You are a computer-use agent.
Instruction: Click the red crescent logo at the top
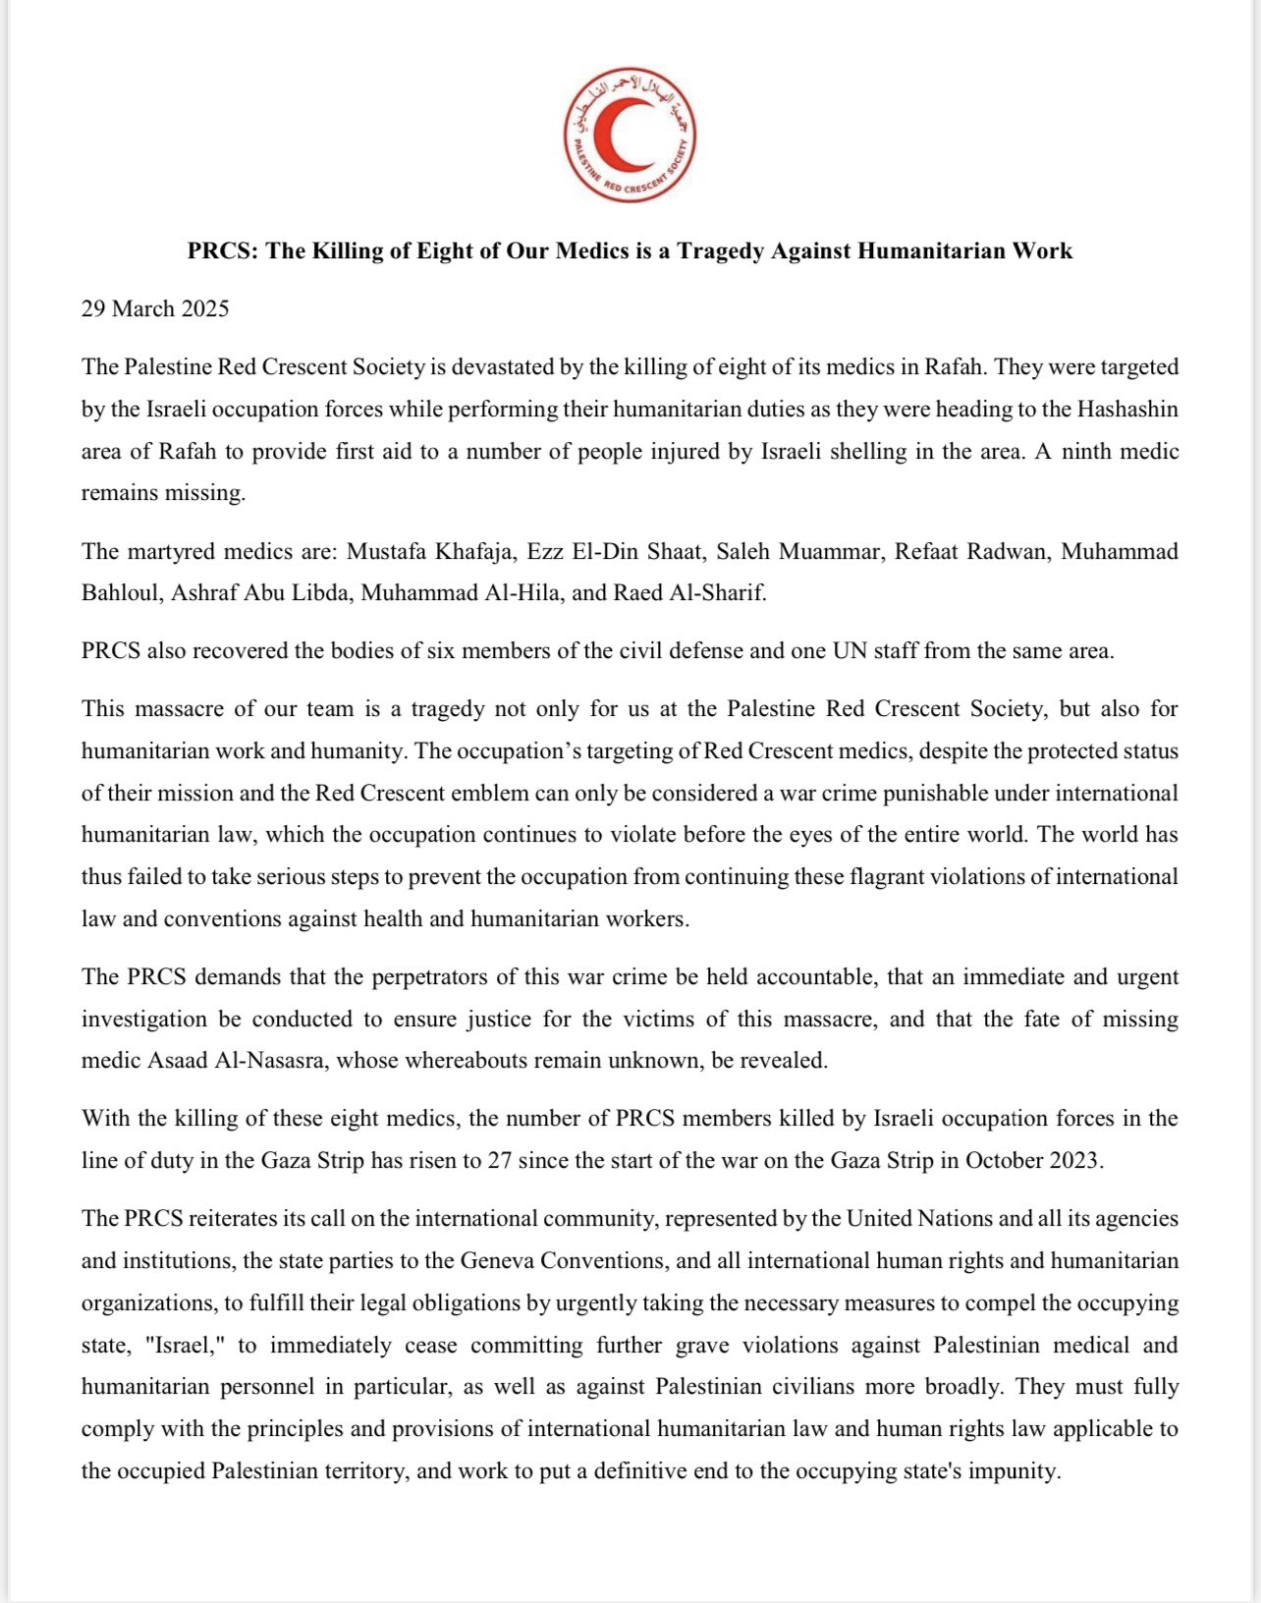(x=630, y=137)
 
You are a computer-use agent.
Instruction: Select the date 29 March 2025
(x=155, y=308)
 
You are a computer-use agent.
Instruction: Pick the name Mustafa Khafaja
(x=430, y=551)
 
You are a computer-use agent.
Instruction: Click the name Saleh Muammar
(x=797, y=551)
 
